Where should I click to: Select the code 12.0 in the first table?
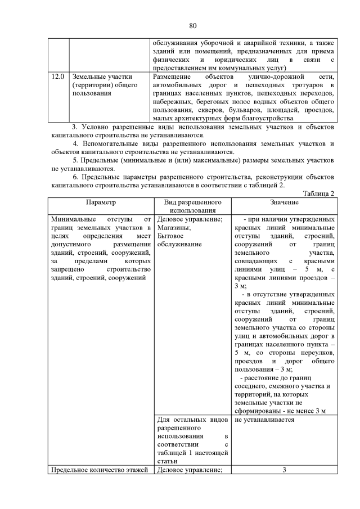tap(58, 76)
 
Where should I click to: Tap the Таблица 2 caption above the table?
tap(318, 193)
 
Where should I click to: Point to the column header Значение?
tap(284, 201)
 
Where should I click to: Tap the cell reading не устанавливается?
tap(264, 420)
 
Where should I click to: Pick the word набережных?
tap(173, 102)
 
